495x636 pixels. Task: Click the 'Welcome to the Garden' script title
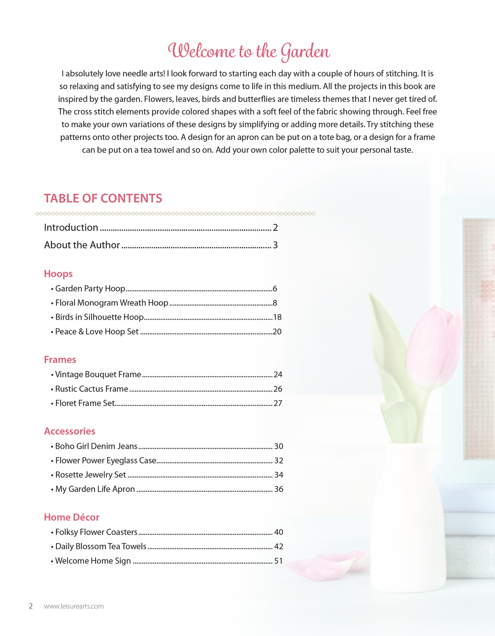point(249,51)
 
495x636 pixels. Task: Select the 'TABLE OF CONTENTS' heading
point(103,198)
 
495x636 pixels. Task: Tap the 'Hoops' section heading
point(58,274)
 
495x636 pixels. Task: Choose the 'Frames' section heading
point(60,360)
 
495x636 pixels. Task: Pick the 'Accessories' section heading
point(70,431)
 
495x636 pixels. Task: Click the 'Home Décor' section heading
point(72,517)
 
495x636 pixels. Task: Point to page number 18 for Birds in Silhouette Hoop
point(277,317)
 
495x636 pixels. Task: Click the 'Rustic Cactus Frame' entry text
point(92,389)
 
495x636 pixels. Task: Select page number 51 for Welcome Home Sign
point(278,561)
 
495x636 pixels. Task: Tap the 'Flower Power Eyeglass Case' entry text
point(106,460)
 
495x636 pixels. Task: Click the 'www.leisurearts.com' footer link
point(74,606)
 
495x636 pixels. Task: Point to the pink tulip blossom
point(432,347)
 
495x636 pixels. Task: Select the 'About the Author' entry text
point(82,245)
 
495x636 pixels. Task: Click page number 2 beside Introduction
point(275,227)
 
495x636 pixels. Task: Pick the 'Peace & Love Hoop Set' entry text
point(97,332)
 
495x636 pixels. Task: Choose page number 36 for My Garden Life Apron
point(279,489)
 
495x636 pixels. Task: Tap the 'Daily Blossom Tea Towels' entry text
point(100,546)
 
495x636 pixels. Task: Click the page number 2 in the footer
point(31,606)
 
